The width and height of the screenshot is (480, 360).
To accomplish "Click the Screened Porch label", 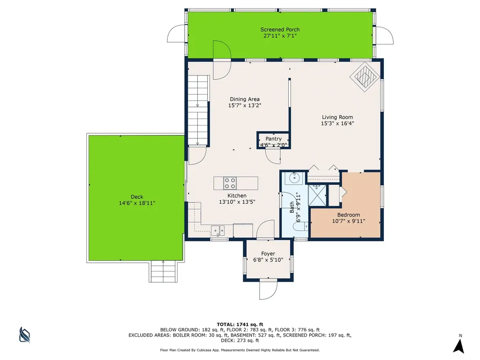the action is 280,30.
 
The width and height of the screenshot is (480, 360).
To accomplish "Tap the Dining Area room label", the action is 245,99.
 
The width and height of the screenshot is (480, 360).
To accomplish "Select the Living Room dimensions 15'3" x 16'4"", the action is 337,123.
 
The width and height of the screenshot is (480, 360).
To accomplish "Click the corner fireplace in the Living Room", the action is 365,77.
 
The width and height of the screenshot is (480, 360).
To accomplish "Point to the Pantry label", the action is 273,139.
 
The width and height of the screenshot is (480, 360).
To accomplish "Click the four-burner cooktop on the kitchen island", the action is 230,183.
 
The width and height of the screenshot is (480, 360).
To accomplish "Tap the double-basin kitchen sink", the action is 217,230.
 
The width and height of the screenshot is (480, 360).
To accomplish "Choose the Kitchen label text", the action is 237,195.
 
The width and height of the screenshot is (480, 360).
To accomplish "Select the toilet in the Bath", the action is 300,226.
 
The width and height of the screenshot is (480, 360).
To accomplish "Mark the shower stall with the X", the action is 316,195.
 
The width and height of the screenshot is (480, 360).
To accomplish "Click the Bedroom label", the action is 348,215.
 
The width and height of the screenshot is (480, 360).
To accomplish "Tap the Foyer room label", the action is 268,254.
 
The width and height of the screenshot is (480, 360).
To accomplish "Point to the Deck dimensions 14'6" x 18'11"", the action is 137,203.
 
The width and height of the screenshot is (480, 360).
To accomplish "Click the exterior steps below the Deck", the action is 163,271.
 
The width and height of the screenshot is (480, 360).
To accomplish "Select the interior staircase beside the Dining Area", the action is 198,110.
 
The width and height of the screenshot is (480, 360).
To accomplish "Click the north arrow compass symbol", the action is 459,345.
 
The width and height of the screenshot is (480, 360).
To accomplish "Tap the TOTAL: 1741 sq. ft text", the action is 240,324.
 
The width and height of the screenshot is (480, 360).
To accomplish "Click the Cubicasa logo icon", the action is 24,335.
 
